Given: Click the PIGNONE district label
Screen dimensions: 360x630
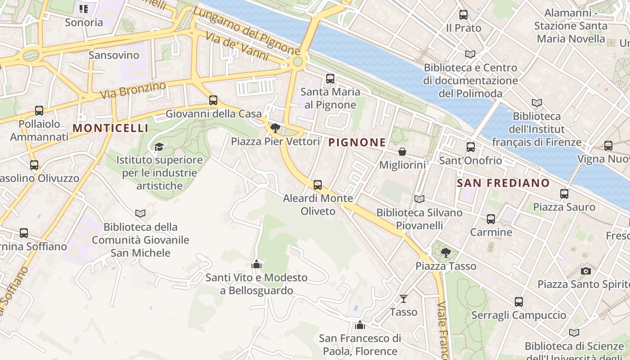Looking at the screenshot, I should pos(357,143).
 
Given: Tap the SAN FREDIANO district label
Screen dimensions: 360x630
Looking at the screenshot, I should pos(503,183).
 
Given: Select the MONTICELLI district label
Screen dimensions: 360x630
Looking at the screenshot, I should pos(110,128).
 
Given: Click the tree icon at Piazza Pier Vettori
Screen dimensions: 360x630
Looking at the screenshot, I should pos(275,128).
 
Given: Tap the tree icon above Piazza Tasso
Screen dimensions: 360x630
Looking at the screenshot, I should pos(445,252).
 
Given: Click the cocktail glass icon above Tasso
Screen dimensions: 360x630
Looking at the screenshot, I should pos(404,298).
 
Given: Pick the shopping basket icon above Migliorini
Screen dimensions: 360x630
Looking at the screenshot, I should pos(402,152).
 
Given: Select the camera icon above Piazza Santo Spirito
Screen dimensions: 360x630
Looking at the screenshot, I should pos(585,271).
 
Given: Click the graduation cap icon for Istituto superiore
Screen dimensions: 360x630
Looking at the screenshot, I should pos(159,147).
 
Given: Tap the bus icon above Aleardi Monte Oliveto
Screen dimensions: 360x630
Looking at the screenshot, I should pos(318,184).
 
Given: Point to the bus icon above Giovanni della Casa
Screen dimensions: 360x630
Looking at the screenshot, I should pos(213,100).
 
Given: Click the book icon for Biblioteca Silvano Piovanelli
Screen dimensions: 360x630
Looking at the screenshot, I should pos(419,199).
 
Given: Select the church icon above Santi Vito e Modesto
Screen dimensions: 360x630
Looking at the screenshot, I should pos(256,264).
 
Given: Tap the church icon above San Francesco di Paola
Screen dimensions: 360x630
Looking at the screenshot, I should pos(360,325).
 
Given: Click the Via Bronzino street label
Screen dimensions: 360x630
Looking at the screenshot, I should pos(133,90).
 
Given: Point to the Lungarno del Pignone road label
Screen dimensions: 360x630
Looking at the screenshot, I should pos(247,31).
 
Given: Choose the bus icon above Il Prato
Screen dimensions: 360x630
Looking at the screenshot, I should pos(463,15).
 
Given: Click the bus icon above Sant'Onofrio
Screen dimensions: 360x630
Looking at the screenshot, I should pos(471,147).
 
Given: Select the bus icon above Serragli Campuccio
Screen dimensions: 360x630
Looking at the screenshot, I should pos(519,302).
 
